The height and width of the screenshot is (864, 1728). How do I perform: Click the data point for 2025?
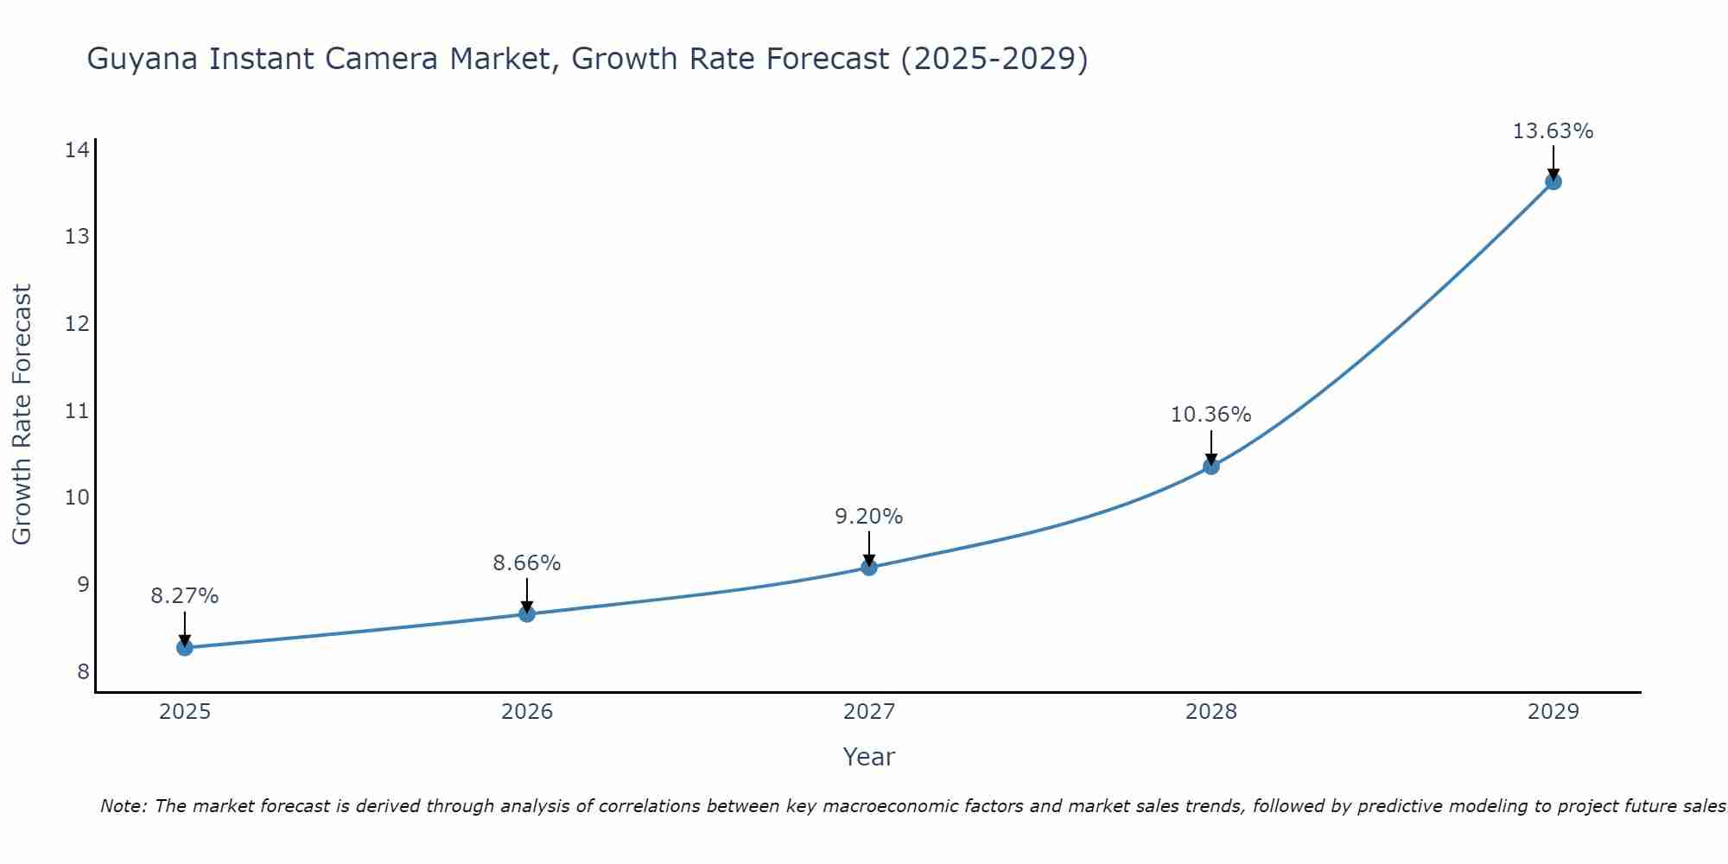pos(185,647)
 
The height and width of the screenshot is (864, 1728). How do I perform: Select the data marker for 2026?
pos(527,613)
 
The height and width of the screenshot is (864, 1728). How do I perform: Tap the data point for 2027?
pos(869,567)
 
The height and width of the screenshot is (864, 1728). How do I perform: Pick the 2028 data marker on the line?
pos(1211,467)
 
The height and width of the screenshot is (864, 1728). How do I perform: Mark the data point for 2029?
pos(1553,181)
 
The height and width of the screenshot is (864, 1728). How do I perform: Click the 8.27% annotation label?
pos(185,596)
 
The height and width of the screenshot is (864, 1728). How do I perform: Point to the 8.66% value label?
pos(527,563)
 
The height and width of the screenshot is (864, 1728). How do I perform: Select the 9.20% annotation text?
pos(869,517)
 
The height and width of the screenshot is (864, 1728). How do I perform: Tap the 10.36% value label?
pos(1211,415)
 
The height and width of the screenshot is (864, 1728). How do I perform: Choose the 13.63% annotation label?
pos(1553,131)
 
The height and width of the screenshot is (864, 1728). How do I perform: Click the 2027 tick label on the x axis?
pos(869,712)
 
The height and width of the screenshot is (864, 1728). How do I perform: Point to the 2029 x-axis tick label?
pos(1553,712)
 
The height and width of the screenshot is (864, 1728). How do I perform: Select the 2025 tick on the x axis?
pos(185,712)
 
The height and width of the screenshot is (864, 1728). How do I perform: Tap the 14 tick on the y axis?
pos(77,150)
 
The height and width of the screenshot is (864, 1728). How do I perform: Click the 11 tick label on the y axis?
pos(77,410)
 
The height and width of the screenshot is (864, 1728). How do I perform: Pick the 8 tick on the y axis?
pos(83,671)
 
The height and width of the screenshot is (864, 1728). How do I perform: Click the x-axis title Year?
pos(869,757)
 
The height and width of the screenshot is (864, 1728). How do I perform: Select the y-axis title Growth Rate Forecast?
pos(22,415)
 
